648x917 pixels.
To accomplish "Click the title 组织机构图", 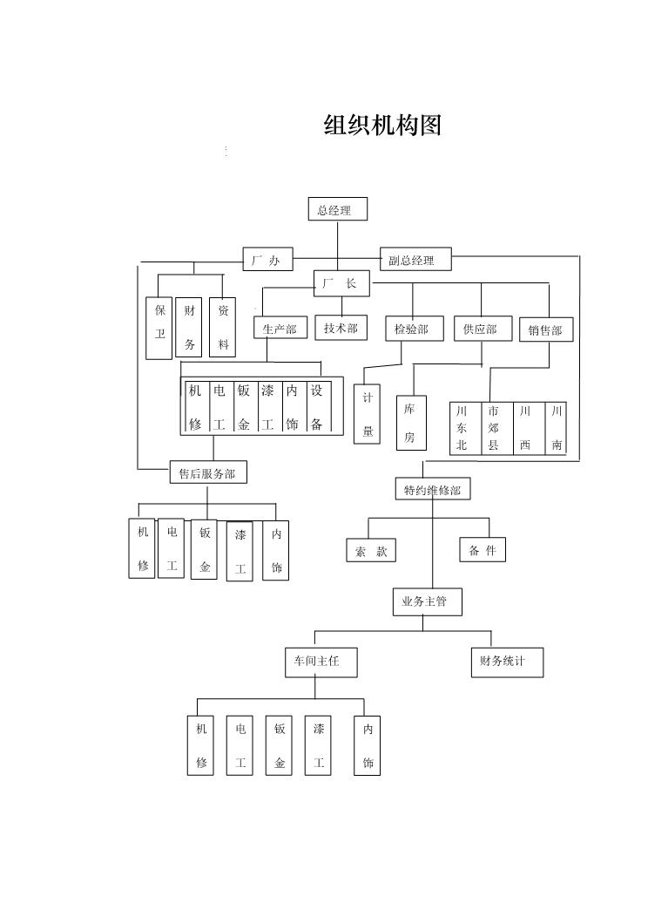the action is pyautogui.click(x=382, y=126).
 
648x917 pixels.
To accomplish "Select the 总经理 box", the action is pyautogui.click(x=338, y=209).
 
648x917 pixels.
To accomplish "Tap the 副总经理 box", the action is pyautogui.click(x=416, y=259).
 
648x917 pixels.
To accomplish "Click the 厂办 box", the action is pyautogui.click(x=267, y=259).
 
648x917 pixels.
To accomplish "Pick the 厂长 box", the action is pyautogui.click(x=341, y=283).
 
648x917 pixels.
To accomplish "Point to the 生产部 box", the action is pyautogui.click(x=280, y=328).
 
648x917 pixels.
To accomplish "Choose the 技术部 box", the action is pyautogui.click(x=341, y=328).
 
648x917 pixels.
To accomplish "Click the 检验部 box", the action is pyautogui.click(x=411, y=329).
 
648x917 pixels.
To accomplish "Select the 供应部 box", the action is pyautogui.click(x=483, y=329).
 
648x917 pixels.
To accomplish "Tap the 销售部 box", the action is pyautogui.click(x=546, y=329).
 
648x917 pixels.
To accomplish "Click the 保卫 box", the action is pyautogui.click(x=159, y=328).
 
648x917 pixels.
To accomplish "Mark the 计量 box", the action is pyautogui.click(x=367, y=414).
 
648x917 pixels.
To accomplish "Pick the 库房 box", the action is pyautogui.click(x=411, y=423).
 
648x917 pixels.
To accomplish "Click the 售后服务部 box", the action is pyautogui.click(x=208, y=472).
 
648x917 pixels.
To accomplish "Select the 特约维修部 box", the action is pyautogui.click(x=433, y=490).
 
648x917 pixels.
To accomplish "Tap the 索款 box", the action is pyautogui.click(x=371, y=550).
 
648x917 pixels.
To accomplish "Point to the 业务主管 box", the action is pyautogui.click(x=428, y=601).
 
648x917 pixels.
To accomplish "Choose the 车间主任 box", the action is pyautogui.click(x=321, y=662).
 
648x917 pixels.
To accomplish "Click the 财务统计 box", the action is pyautogui.click(x=507, y=662).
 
